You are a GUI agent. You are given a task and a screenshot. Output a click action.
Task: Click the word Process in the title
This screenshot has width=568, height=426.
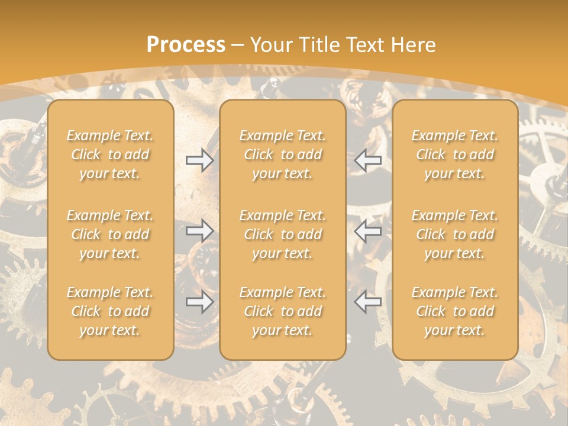click(186, 45)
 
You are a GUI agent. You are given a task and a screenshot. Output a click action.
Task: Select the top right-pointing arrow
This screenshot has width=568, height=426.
click(199, 160)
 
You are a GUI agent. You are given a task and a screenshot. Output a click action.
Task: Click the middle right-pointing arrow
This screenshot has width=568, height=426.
click(199, 231)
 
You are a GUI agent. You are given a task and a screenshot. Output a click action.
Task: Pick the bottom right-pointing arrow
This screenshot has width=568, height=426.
click(199, 302)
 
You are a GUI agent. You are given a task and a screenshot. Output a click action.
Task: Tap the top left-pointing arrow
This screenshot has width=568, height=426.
click(367, 160)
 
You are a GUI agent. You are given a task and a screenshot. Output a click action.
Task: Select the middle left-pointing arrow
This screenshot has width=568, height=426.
click(367, 231)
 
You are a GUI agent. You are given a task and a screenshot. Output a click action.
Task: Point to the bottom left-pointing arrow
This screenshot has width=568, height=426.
click(367, 302)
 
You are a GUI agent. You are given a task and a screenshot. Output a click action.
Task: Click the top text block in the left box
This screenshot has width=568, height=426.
click(110, 154)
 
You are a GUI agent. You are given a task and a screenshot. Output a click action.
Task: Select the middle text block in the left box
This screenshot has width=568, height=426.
click(110, 234)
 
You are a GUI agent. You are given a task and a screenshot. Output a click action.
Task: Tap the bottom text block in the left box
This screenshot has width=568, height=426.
click(110, 311)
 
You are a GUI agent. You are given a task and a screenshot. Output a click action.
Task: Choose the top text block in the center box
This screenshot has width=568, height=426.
click(282, 154)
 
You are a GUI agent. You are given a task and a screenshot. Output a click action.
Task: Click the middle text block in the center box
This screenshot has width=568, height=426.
click(282, 234)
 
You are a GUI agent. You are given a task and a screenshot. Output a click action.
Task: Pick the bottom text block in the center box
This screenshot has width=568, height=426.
click(282, 311)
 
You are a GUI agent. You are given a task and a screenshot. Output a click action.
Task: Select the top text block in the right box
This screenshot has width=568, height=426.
click(454, 154)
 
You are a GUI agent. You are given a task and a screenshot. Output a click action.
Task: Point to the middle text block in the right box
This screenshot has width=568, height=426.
click(454, 234)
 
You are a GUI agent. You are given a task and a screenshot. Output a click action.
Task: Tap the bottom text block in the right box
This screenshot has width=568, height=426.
click(454, 311)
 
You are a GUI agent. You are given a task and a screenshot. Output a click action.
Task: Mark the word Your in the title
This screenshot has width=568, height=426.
click(272, 45)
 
